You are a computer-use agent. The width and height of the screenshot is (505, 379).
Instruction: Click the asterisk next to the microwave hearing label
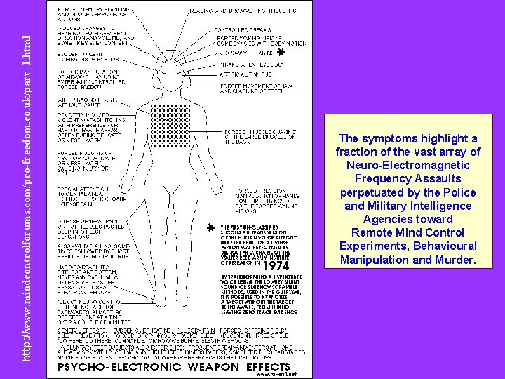(280, 54)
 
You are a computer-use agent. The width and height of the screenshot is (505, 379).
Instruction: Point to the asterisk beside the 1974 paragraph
(210, 229)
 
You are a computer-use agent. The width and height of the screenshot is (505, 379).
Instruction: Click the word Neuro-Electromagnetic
(408, 165)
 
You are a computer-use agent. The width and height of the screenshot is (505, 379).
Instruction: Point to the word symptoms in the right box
(388, 138)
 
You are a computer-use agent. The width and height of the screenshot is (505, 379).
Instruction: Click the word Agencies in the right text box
(382, 219)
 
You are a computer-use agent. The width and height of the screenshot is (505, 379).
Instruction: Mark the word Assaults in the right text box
(443, 178)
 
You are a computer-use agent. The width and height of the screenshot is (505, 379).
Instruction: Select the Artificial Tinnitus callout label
(241, 74)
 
